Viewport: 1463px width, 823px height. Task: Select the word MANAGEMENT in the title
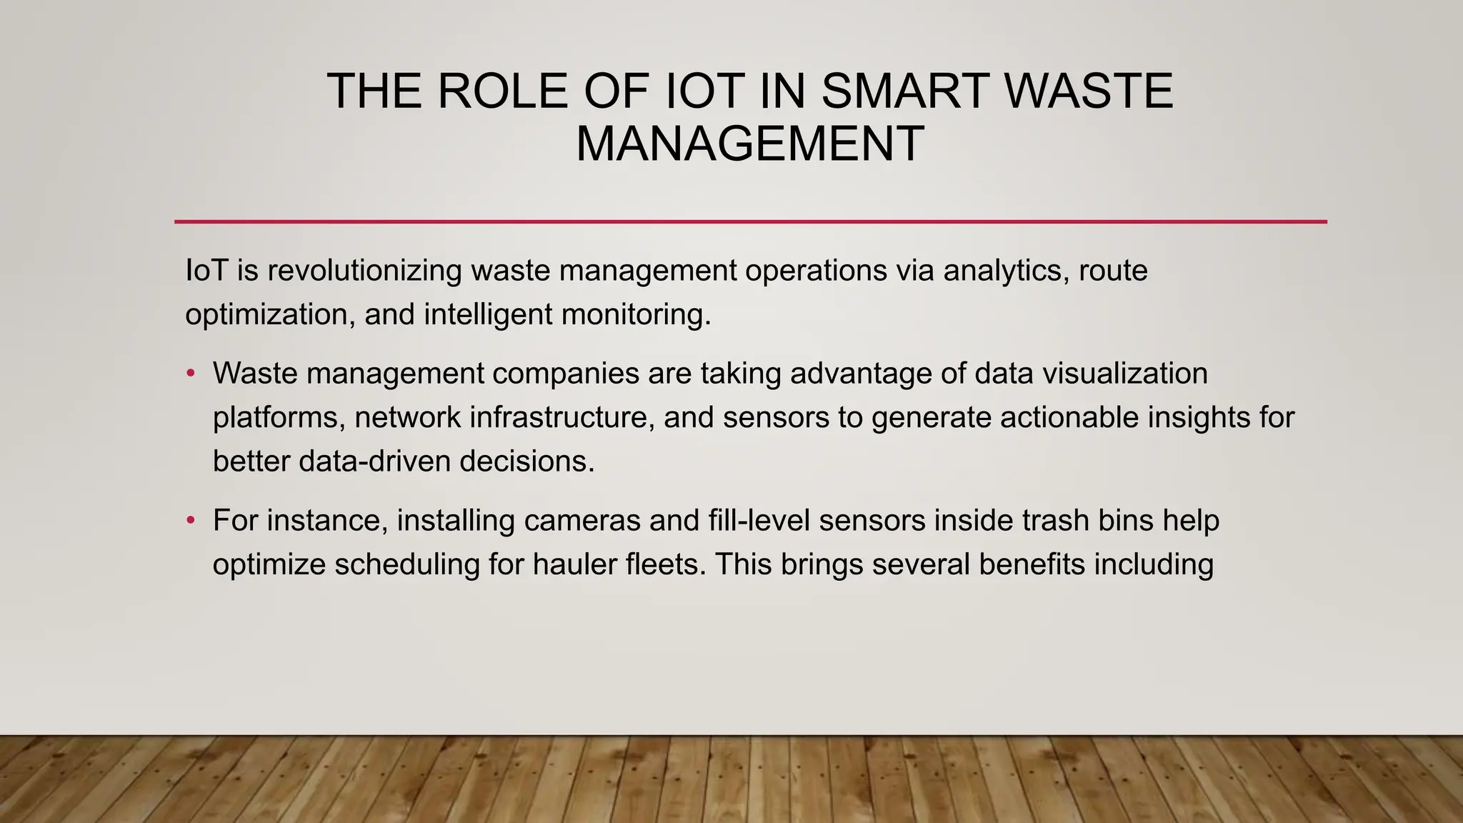point(750,144)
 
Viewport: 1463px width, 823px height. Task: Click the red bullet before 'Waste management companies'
point(190,374)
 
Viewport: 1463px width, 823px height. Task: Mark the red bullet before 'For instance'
point(190,521)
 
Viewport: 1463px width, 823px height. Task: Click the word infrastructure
point(562,418)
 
